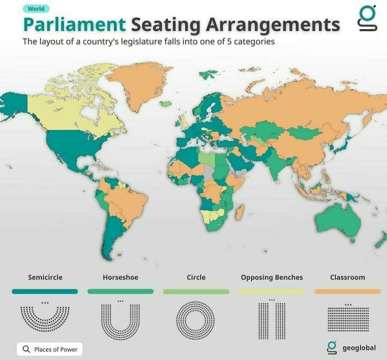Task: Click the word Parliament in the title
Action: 74,24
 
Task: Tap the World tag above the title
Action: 37,9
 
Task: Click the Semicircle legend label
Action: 45,277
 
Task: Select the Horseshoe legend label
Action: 121,277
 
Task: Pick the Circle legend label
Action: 196,277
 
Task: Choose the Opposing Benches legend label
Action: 271,277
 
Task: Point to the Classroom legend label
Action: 347,277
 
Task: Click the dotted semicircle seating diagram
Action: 45,319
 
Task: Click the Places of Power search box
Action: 50,349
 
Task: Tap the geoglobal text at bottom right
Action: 359,348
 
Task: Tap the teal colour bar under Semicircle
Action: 45,291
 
